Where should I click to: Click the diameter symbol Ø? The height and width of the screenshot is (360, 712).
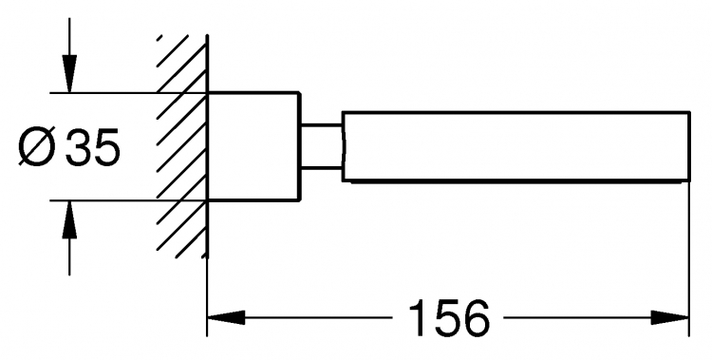(x=37, y=146)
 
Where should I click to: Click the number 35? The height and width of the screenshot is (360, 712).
(x=93, y=146)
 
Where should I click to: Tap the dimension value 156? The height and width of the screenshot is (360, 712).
(x=449, y=317)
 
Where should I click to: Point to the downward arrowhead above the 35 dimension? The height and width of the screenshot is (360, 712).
(x=69, y=74)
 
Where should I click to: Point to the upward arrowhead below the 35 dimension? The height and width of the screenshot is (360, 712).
(x=69, y=219)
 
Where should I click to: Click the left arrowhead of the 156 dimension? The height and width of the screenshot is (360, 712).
(x=226, y=317)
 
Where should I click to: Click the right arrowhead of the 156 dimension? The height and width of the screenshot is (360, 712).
(x=670, y=317)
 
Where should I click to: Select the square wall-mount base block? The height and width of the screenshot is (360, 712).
(x=253, y=146)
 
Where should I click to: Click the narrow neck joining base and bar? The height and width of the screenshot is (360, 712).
(x=322, y=146)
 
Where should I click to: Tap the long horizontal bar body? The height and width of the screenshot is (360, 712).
(x=516, y=146)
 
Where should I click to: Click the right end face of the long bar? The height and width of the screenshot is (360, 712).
(x=689, y=146)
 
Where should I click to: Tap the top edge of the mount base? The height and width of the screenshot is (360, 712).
(x=253, y=93)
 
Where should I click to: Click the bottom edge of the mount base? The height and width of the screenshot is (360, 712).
(x=253, y=199)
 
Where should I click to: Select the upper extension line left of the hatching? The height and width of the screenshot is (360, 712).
(x=103, y=93)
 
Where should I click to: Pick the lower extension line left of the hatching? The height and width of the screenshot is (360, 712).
(x=103, y=200)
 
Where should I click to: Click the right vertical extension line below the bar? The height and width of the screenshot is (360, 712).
(x=689, y=259)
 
